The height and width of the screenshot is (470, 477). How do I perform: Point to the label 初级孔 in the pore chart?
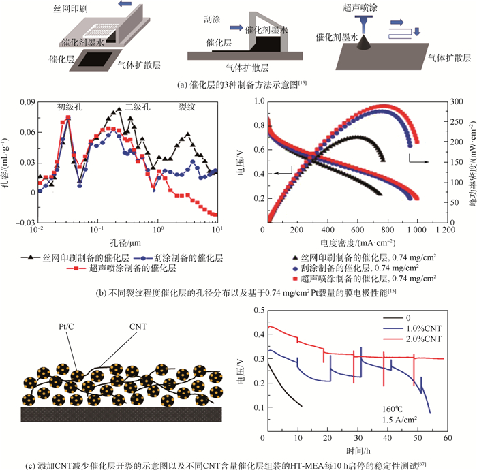pyautogui.click(x=71, y=108)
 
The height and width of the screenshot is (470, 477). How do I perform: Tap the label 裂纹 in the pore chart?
pyautogui.click(x=187, y=108)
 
